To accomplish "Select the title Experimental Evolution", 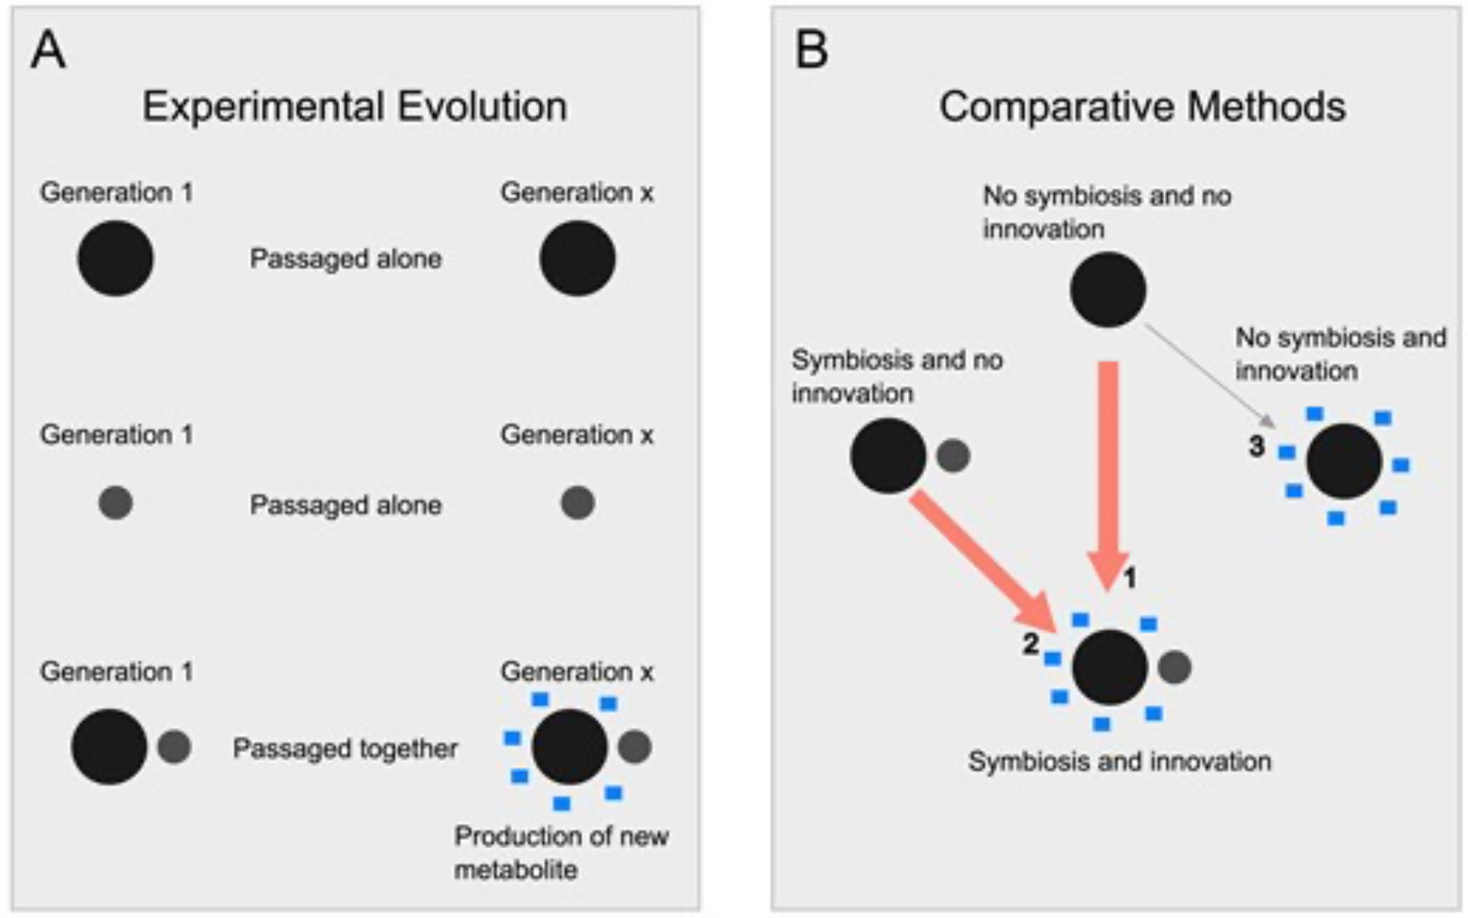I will pyautogui.click(x=355, y=106).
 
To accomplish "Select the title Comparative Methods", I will pyautogui.click(x=1142, y=106).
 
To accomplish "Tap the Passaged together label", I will pyautogui.click(x=345, y=748).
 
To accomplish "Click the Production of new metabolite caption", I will pyautogui.click(x=561, y=853).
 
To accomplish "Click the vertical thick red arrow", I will pyautogui.click(x=1109, y=470).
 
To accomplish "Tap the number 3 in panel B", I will pyautogui.click(x=1257, y=446).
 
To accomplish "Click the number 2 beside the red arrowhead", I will pyautogui.click(x=1031, y=644).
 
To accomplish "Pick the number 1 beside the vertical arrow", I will pyautogui.click(x=1130, y=579).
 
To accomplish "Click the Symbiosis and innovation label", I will pyautogui.click(x=1119, y=762).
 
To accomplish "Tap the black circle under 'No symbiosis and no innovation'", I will pyautogui.click(x=1108, y=289).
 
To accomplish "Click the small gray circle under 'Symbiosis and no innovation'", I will pyautogui.click(x=953, y=455).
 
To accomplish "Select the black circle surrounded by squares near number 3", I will pyautogui.click(x=1344, y=462).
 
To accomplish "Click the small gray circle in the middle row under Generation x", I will pyautogui.click(x=578, y=503).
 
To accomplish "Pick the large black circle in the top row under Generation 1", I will pyautogui.click(x=115, y=259).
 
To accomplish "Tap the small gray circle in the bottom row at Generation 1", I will pyautogui.click(x=174, y=747).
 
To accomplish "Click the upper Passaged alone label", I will pyautogui.click(x=345, y=259).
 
